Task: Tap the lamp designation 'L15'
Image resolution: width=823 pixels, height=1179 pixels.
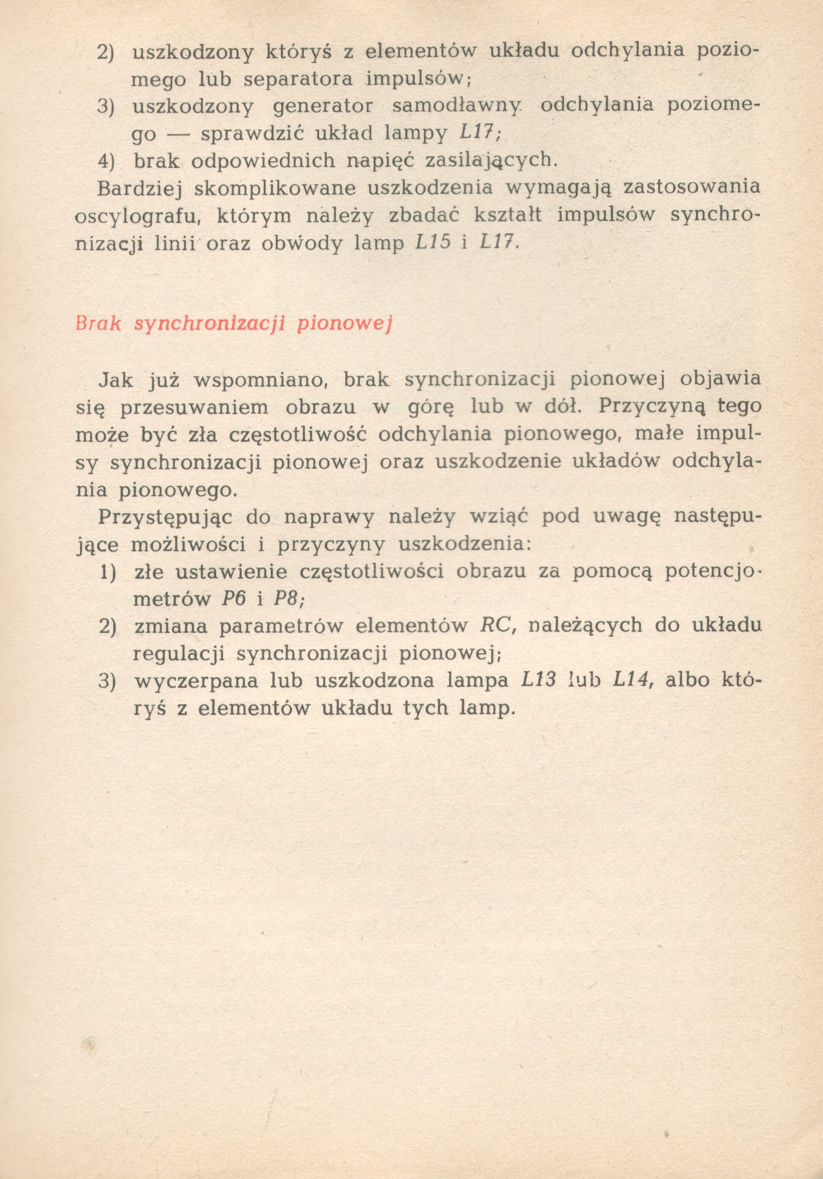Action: pos(432,242)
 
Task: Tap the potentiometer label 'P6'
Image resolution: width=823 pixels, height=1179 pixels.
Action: pos(232,599)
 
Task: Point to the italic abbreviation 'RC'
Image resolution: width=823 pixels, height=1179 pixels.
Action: pos(494,625)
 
